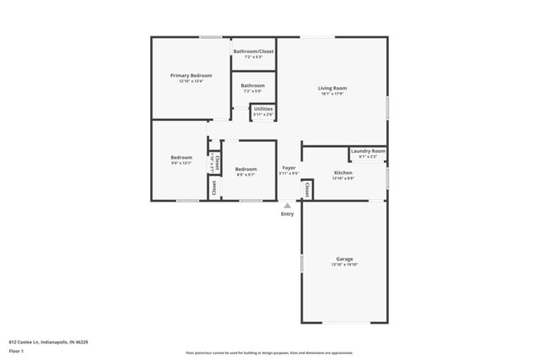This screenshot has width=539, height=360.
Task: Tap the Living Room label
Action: coord(333,88)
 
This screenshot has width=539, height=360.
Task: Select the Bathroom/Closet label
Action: coord(253,51)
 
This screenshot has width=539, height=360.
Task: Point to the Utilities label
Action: coord(263,109)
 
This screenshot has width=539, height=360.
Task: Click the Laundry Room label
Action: coord(368,151)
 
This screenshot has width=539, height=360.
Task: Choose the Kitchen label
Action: coord(343,173)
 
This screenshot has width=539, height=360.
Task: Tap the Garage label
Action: coord(345,258)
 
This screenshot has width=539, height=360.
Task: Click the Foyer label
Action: coord(288,168)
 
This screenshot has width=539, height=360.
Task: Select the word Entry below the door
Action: coord(287,214)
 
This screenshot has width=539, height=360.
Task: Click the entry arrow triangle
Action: coord(287,205)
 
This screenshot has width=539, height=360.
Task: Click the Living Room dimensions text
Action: coord(333,94)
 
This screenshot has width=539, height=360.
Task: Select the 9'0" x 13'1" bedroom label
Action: coord(182,163)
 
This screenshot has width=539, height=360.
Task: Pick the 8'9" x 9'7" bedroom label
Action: coord(245,174)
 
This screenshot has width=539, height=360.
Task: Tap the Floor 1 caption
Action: coord(17,351)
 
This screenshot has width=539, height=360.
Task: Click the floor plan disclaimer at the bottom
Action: coord(269,352)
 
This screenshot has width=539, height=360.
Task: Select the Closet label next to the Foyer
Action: coord(307,190)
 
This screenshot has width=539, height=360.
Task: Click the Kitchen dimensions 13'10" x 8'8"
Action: coord(343,178)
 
